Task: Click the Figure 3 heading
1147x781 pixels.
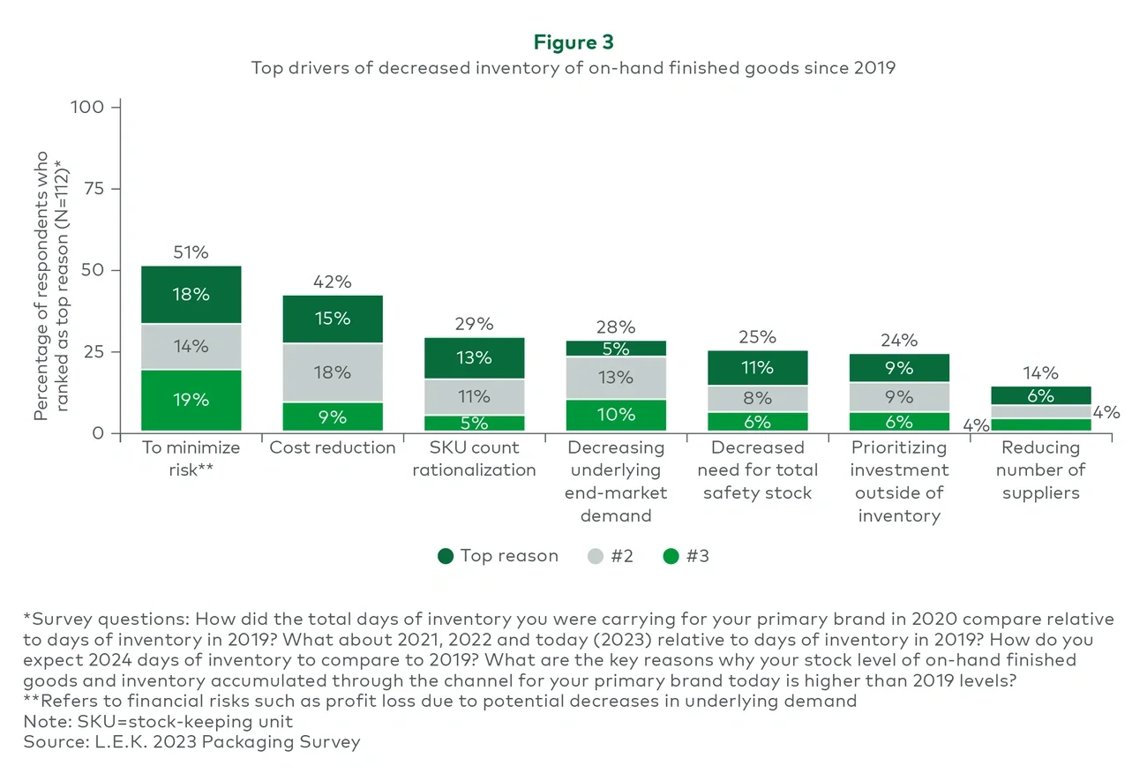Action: tap(573, 41)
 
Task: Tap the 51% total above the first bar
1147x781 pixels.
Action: tap(191, 252)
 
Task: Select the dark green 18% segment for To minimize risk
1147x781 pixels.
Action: tap(191, 295)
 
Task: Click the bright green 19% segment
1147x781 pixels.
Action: tap(191, 400)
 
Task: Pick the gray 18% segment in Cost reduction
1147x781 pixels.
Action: tap(333, 372)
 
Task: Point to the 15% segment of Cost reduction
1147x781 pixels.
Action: tap(333, 318)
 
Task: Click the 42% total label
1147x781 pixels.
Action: tap(333, 282)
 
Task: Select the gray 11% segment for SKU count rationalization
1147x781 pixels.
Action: tap(475, 396)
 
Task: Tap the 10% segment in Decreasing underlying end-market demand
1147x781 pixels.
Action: tap(616, 414)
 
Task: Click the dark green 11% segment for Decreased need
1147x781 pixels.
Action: tap(757, 367)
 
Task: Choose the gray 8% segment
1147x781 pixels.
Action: tap(757, 398)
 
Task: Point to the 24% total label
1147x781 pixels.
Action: tap(899, 340)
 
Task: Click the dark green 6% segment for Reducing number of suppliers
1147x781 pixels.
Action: tap(1040, 395)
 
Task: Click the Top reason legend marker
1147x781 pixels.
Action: tap(446, 556)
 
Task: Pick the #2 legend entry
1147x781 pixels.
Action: tap(610, 556)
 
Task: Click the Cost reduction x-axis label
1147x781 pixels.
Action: tap(333, 447)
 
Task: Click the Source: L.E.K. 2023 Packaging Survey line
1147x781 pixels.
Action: tap(191, 742)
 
